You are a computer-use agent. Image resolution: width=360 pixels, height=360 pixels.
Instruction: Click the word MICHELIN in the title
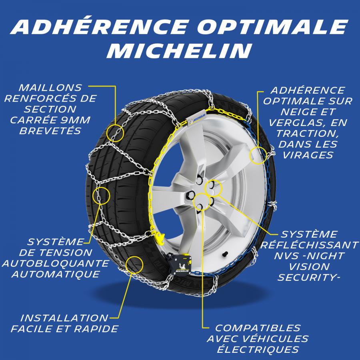[x=179, y=51]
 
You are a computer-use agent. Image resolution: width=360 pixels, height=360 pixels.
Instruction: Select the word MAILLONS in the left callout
[x=50, y=88]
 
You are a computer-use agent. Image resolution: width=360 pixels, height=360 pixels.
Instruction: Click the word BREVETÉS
[x=50, y=131]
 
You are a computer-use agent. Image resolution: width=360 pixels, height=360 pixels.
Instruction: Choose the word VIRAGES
[x=308, y=155]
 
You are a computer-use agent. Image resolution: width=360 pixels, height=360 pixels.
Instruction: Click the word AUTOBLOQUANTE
[x=56, y=263]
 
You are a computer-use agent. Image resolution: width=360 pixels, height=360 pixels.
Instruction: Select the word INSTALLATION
[x=64, y=318]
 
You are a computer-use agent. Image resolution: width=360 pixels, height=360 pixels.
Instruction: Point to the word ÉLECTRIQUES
[x=258, y=349]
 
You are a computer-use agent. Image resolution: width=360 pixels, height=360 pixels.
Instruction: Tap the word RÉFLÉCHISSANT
[x=309, y=245]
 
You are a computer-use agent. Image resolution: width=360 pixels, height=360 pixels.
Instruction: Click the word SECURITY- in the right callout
[x=309, y=278]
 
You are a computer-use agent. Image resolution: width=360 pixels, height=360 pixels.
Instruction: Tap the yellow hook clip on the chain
[x=160, y=238]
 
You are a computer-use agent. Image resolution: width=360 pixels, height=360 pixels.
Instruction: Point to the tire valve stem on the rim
[x=225, y=254]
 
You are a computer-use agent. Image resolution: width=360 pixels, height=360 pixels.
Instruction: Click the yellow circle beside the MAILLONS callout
[x=115, y=133]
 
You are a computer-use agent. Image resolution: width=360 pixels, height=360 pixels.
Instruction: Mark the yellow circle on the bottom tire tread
[x=134, y=265]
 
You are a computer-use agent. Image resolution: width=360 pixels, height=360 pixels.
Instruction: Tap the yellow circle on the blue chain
[x=258, y=156]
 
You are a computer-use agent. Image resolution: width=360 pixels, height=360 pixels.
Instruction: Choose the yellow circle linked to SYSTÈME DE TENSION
[x=101, y=196]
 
